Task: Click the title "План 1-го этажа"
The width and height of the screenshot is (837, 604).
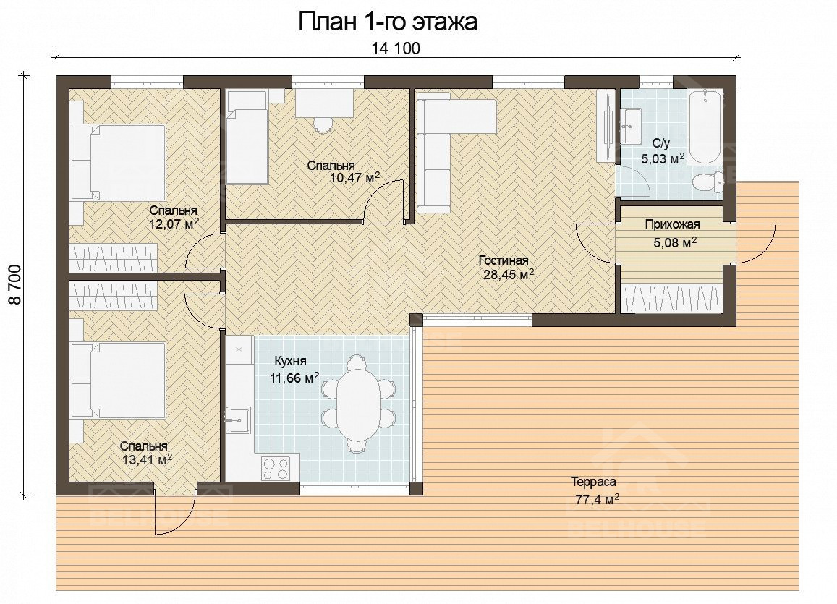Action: click(387, 22)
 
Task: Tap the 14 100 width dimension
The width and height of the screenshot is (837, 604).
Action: click(396, 48)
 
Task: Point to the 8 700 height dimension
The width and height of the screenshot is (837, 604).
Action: click(15, 284)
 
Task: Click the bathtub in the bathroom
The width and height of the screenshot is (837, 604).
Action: click(705, 127)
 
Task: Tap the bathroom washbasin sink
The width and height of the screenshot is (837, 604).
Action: click(632, 127)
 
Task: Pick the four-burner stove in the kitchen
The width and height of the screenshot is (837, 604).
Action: click(276, 469)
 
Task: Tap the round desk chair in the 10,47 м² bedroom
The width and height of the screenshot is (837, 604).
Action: click(323, 124)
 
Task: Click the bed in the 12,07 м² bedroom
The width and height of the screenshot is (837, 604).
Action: click(119, 162)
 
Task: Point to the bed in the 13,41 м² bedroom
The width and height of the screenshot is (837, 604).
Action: click(119, 379)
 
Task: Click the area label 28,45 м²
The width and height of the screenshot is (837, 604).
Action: click(509, 275)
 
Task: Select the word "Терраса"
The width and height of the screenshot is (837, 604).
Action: click(594, 482)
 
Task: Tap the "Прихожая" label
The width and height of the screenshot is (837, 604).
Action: click(672, 225)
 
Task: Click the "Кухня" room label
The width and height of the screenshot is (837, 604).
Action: click(290, 361)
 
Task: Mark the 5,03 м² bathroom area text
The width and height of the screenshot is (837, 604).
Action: click(663, 158)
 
